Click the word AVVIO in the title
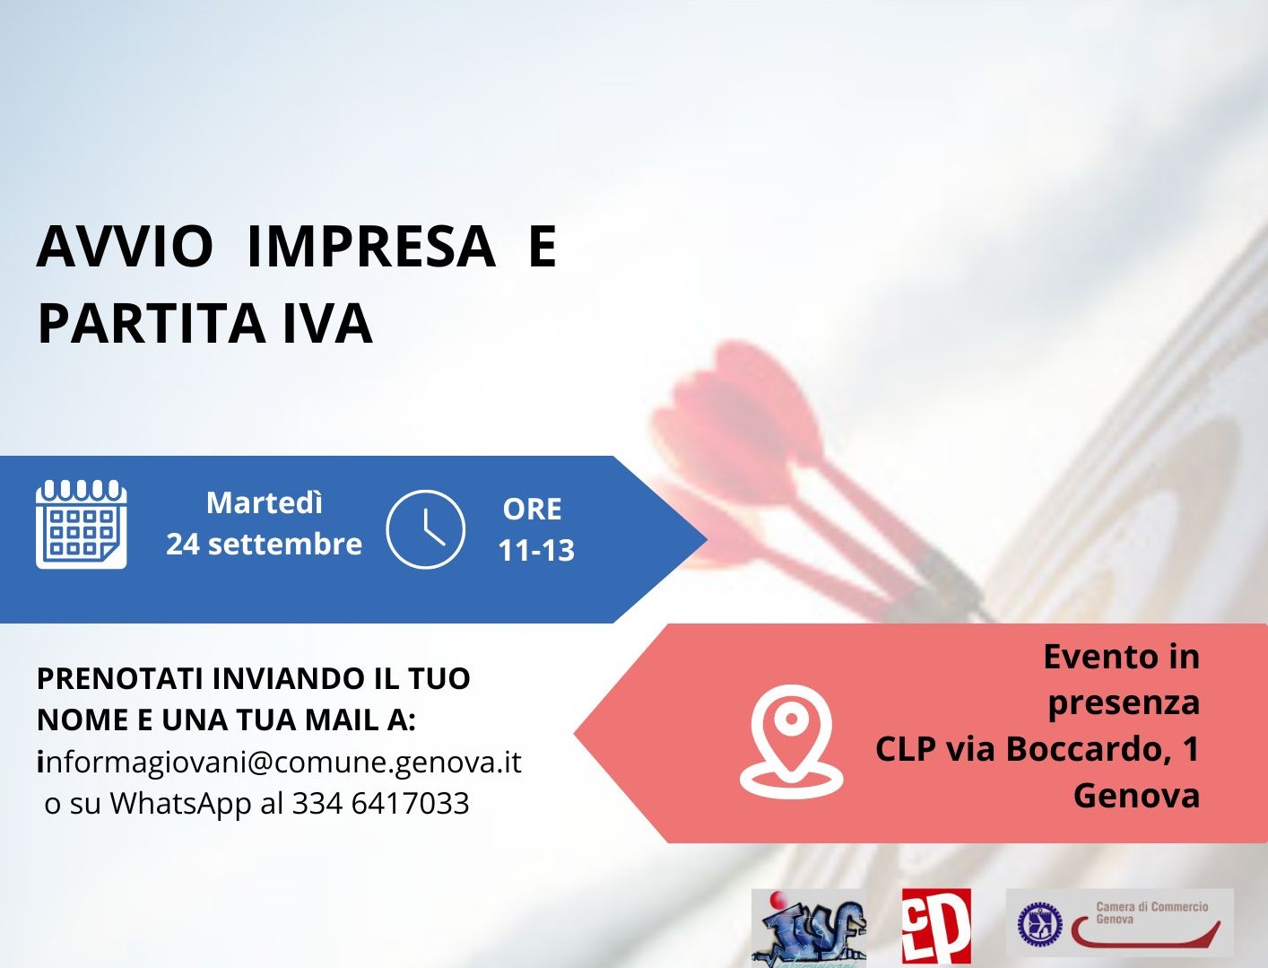(x=125, y=247)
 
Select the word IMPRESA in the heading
(x=370, y=247)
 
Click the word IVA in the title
(x=327, y=324)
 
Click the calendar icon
(x=81, y=525)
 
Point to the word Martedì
(x=265, y=502)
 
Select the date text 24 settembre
(x=265, y=544)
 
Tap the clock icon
(x=425, y=529)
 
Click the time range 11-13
(x=536, y=550)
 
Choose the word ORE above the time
(x=533, y=509)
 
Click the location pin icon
(x=791, y=741)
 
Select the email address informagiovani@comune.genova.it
(x=279, y=762)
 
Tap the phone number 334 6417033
(x=380, y=803)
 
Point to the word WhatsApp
(x=180, y=803)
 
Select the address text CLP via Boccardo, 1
(x=1037, y=748)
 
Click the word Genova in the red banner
(x=1136, y=795)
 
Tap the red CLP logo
(x=936, y=926)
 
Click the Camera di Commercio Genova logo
(x=1119, y=922)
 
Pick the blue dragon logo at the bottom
(x=809, y=928)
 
